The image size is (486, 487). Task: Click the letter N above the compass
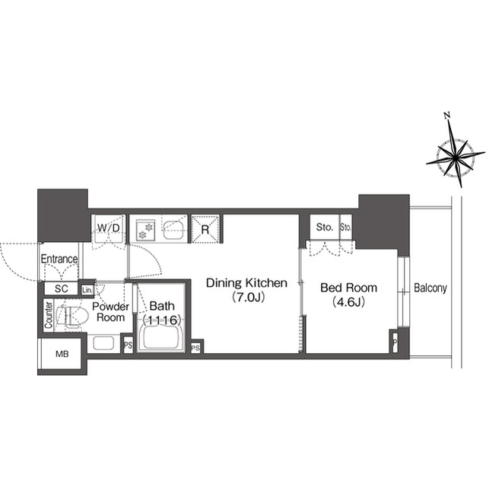(x=448, y=116)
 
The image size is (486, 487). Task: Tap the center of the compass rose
(x=454, y=159)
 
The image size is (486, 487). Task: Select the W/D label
(x=107, y=227)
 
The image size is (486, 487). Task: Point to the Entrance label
(x=59, y=259)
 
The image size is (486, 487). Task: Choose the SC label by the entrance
(x=61, y=289)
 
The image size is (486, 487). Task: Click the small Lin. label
(x=87, y=290)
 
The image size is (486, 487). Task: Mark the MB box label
(x=62, y=355)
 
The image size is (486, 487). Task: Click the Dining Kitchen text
(x=246, y=283)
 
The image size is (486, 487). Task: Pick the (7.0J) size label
(x=246, y=298)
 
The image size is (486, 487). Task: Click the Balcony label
(x=430, y=288)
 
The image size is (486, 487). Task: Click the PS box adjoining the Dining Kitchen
(x=196, y=348)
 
